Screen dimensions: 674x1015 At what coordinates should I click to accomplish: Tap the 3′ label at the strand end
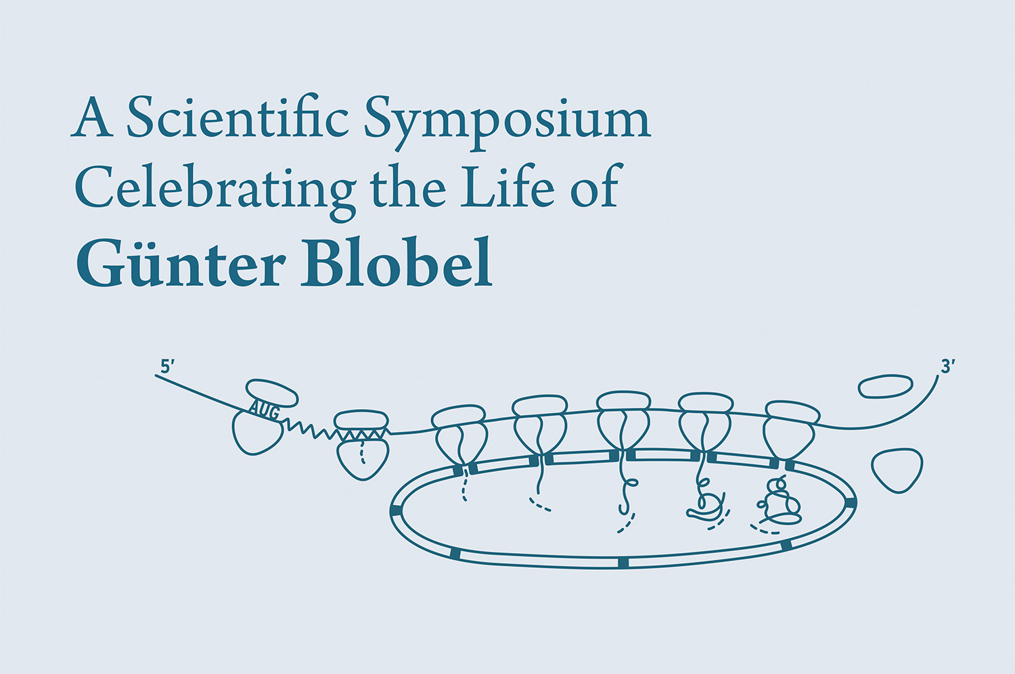click(x=947, y=366)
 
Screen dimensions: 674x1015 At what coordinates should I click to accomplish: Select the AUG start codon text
click(x=264, y=408)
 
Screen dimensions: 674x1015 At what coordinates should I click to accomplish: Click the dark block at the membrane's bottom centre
click(x=623, y=562)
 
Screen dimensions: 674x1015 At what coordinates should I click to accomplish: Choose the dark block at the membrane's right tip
click(x=851, y=502)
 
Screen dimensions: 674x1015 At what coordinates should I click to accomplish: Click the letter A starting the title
click(x=92, y=118)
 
